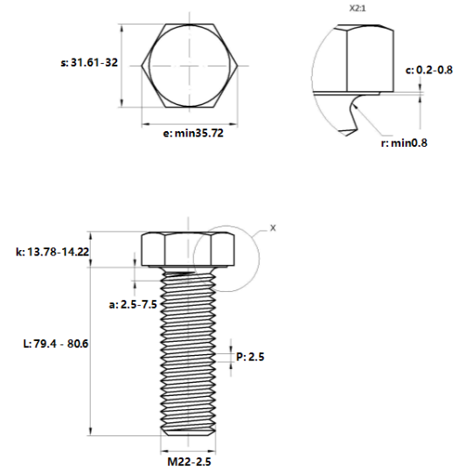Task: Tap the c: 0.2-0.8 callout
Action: tap(429, 69)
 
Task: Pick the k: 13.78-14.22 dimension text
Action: tap(53, 252)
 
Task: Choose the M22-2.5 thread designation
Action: tap(186, 460)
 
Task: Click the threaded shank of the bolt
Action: tap(186, 350)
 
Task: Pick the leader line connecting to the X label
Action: tap(259, 231)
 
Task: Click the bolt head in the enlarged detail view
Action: tap(367, 57)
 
